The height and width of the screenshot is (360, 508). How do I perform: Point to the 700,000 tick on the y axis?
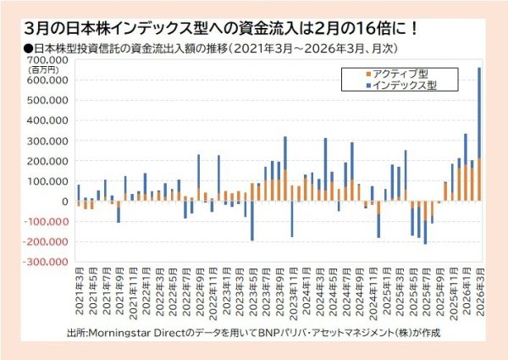[x=49, y=60]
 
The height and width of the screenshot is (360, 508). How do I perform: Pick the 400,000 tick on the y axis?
[x=49, y=120]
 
